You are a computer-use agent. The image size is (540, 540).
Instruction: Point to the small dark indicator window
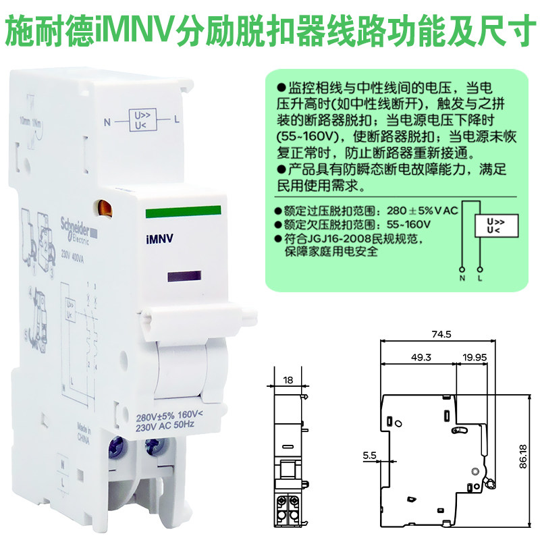184,277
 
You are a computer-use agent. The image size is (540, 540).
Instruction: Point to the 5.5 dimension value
369,456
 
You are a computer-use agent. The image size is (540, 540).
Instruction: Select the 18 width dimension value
288,380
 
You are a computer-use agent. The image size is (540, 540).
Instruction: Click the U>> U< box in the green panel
494,225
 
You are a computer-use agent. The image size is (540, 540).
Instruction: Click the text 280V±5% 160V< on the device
169,416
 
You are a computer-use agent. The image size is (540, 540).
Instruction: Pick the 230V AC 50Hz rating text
165,427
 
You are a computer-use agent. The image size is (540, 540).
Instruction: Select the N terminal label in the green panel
462,277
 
